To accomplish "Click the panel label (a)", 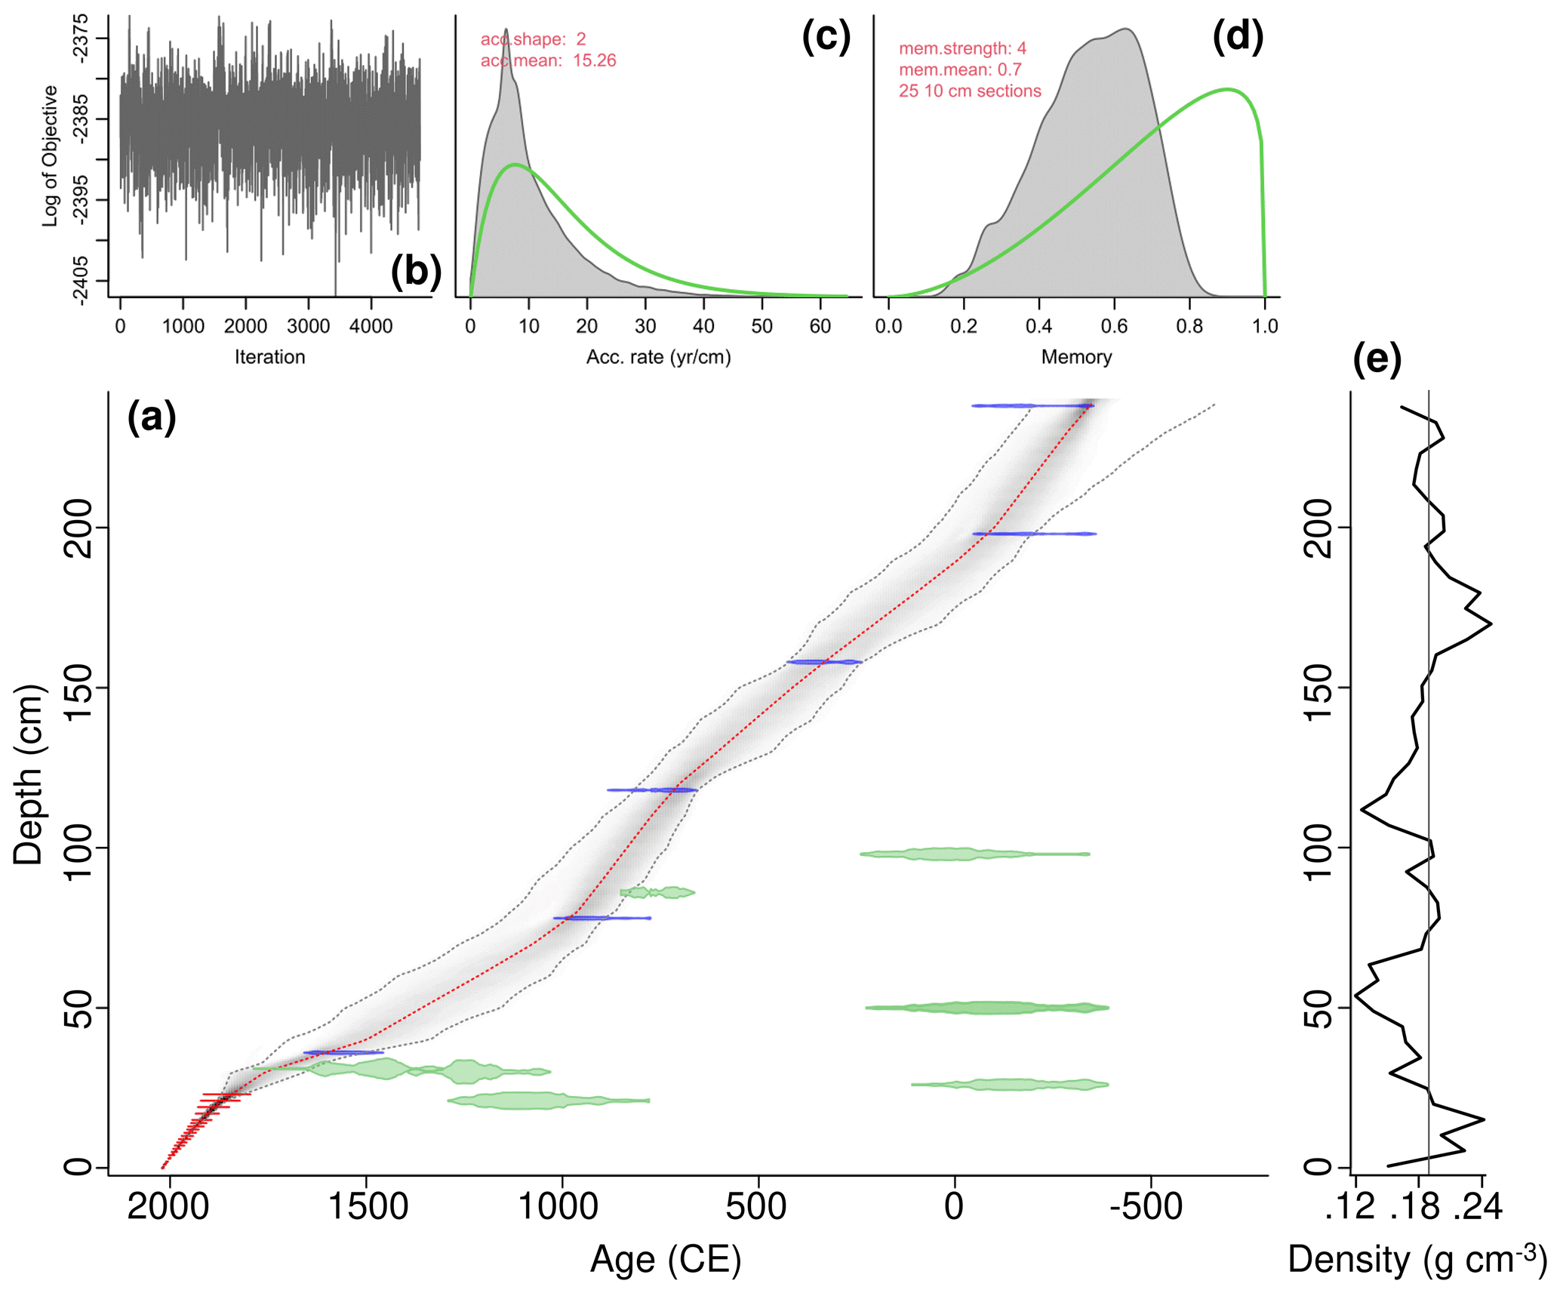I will tap(151, 417).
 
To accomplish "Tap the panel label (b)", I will tap(416, 271).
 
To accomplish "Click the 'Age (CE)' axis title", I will tap(666, 1259).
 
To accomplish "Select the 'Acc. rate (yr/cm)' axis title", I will tap(658, 357).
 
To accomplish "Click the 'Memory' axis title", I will tap(1076, 357).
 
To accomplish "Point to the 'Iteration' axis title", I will tap(269, 357).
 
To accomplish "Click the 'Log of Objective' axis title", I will tap(50, 155).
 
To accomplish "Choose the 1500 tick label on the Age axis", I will tap(368, 1205).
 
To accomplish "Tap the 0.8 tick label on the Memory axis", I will tap(1189, 326).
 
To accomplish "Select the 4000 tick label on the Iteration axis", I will tap(371, 326).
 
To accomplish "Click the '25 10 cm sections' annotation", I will tap(970, 91).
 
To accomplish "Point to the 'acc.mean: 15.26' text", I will tap(548, 60).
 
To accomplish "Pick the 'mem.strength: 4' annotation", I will tap(962, 48).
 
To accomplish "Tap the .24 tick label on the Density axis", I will tap(1482, 1207).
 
